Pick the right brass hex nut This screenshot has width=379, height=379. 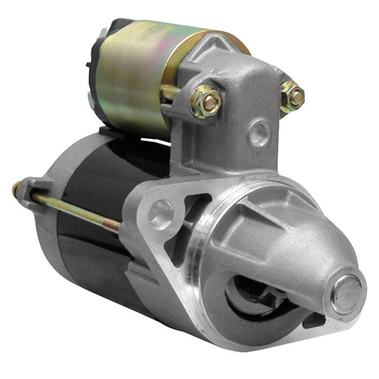292,97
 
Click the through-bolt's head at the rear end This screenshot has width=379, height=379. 17,188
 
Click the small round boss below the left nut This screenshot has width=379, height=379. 259,135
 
